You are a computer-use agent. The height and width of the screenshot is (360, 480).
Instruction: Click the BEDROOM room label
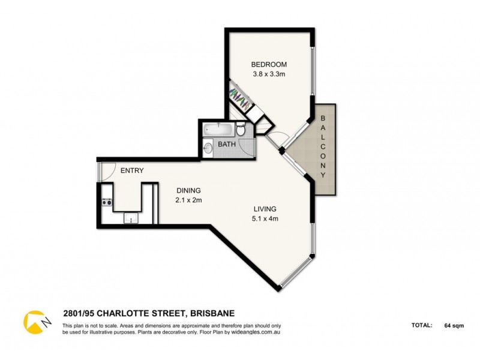click(269, 64)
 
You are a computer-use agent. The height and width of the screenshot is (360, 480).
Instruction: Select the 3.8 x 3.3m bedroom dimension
click(269, 74)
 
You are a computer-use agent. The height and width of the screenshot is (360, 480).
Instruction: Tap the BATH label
click(226, 145)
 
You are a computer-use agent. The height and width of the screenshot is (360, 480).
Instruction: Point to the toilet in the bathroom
click(241, 130)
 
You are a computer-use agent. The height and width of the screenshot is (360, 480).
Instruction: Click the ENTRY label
click(132, 170)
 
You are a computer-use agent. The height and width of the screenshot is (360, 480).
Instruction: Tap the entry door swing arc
click(106, 173)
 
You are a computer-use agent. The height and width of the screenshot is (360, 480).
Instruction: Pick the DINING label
click(188, 190)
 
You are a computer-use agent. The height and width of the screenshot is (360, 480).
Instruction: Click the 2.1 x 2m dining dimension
click(188, 200)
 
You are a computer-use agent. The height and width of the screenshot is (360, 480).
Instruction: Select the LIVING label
click(265, 208)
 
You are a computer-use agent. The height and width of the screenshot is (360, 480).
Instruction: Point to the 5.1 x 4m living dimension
click(265, 218)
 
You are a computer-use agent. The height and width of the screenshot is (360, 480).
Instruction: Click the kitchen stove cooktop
click(107, 202)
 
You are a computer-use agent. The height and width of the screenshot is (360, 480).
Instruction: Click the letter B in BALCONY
click(323, 118)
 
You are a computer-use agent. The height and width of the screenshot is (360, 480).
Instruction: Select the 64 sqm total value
click(453, 326)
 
